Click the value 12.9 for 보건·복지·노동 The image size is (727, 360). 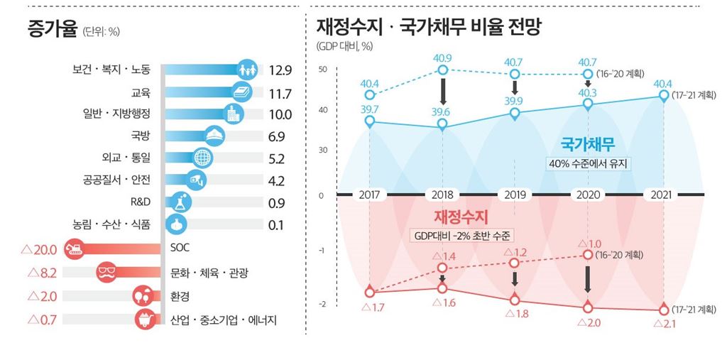tap(281, 70)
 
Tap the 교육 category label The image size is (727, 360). tap(141, 93)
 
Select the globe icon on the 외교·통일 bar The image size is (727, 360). tap(202, 157)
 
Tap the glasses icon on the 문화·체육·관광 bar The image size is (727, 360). tap(107, 272)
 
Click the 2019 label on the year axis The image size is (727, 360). tap(515, 195)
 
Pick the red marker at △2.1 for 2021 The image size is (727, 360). tap(663, 310)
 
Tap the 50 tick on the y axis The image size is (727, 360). tap(323, 70)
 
